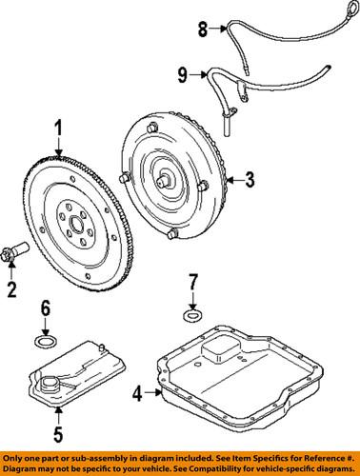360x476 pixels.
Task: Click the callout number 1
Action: [x=58, y=127]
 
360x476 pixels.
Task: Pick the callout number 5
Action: [x=58, y=439]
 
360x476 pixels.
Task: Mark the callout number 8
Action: [x=201, y=30]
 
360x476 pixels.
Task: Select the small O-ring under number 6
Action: [x=45, y=340]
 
